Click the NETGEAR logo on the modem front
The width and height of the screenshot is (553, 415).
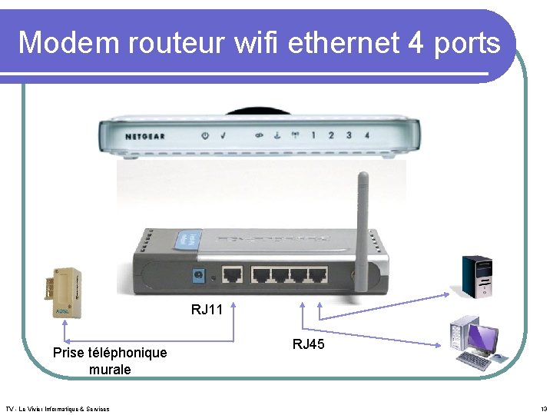coord(146,136)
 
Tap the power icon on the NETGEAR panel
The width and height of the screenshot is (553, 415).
coord(205,136)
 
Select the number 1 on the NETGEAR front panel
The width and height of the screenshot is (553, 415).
coord(313,135)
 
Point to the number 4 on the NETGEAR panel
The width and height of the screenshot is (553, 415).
coord(366,135)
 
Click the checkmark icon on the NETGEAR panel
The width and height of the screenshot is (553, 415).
coord(223,136)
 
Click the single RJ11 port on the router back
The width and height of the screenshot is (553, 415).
coord(232,274)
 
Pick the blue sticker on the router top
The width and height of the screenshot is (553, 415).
coord(186,241)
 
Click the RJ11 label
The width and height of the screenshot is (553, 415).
coord(207,310)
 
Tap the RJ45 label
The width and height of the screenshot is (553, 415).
coord(308,344)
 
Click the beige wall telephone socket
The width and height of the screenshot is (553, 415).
coord(62,294)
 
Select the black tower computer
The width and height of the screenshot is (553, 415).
coord(476,277)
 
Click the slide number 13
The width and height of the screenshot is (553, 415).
coord(543,409)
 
